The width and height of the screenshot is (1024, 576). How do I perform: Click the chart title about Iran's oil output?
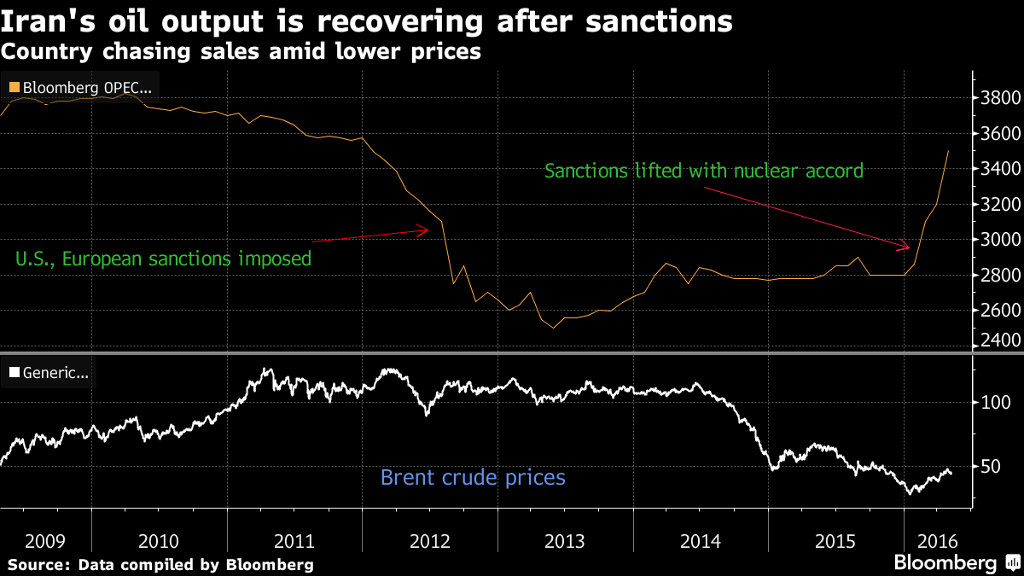tap(366, 20)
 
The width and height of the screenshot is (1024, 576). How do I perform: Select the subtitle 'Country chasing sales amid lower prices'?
tap(241, 52)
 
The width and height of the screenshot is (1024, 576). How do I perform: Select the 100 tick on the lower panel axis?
tap(994, 403)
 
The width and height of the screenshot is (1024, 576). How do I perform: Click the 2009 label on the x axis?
tap(45, 541)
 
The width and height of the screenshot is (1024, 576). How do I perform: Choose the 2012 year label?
tap(429, 541)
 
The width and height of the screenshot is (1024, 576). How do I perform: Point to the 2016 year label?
tap(938, 541)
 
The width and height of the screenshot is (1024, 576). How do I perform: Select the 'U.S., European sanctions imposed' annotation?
tap(164, 258)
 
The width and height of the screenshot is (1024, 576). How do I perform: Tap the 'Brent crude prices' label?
tap(473, 477)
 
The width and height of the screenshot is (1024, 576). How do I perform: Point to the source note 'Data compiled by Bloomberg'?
tap(160, 564)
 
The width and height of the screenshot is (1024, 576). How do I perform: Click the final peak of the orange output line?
tap(948, 151)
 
